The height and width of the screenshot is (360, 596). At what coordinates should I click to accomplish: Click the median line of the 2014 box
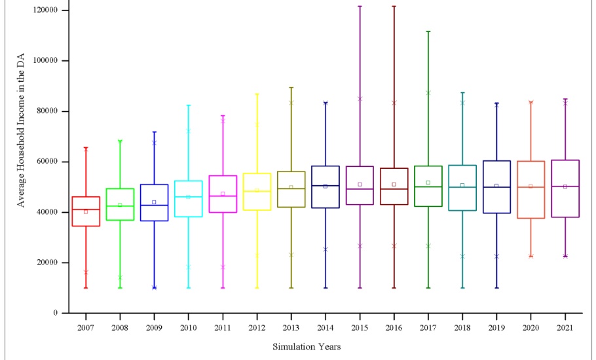point(325,186)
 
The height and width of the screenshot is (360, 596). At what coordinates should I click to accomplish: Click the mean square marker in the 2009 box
point(154,202)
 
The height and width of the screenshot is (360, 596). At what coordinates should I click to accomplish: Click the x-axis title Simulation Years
point(307,347)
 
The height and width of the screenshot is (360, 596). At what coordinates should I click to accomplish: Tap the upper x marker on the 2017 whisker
point(428,93)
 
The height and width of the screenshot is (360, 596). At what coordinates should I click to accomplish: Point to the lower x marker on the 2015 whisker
point(360,245)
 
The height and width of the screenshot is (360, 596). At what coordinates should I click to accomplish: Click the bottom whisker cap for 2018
point(462,287)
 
